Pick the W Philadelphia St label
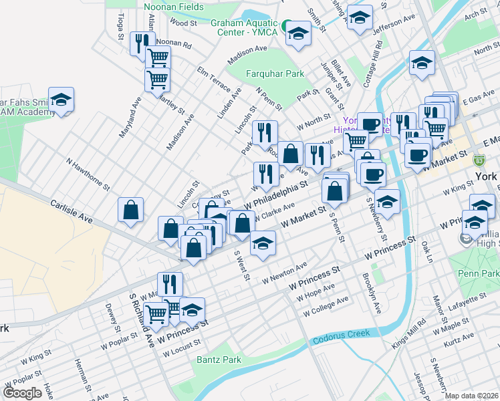click(276, 192)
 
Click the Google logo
click(22, 392)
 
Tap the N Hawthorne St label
click(88, 172)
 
